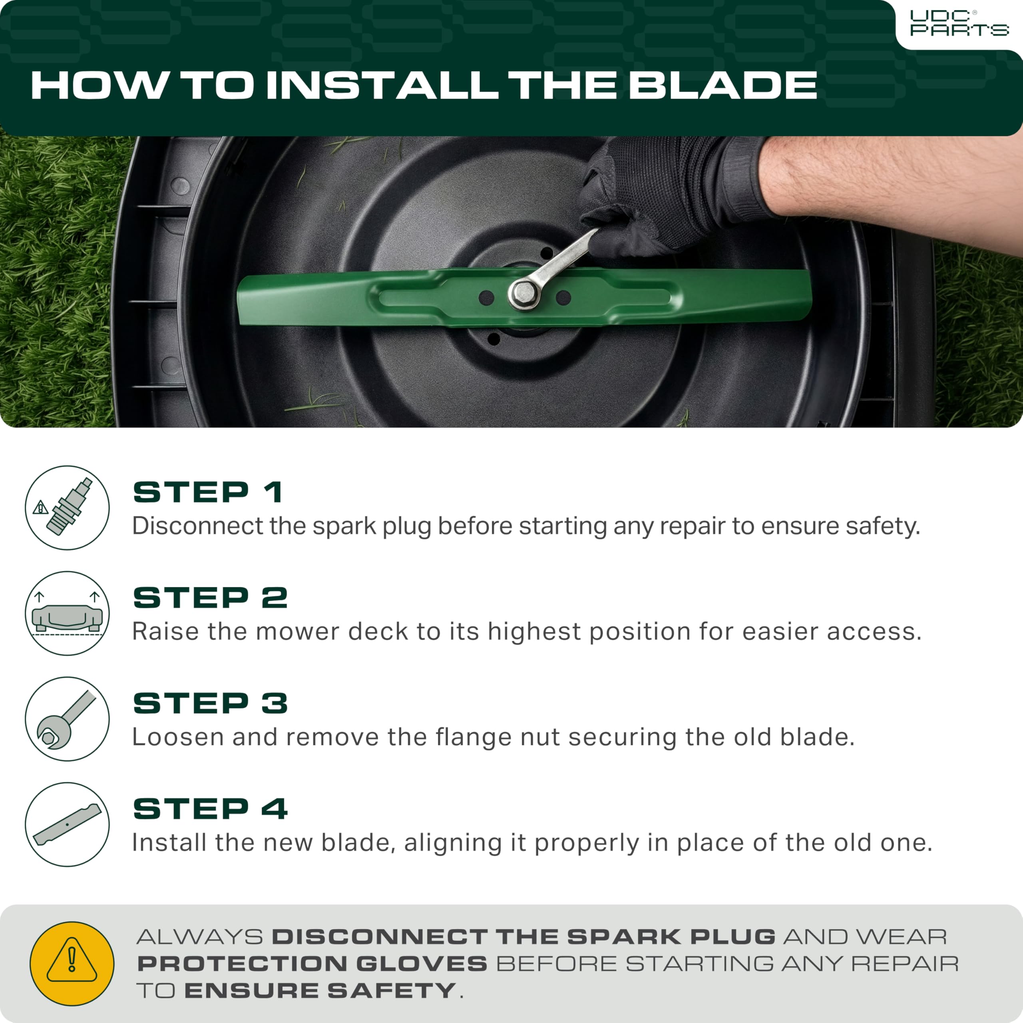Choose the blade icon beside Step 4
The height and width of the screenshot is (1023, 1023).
67,824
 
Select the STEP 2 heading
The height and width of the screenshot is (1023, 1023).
210,598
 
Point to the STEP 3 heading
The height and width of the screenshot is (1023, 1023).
210,703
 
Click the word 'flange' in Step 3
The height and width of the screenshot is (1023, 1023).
470,737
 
